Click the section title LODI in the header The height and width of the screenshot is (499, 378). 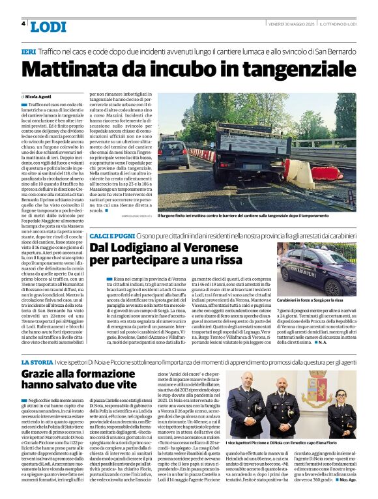[48, 27]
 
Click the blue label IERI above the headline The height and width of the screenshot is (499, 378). [28, 50]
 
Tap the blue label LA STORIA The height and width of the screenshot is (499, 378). [38, 362]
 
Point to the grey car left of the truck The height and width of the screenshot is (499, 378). [175, 154]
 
